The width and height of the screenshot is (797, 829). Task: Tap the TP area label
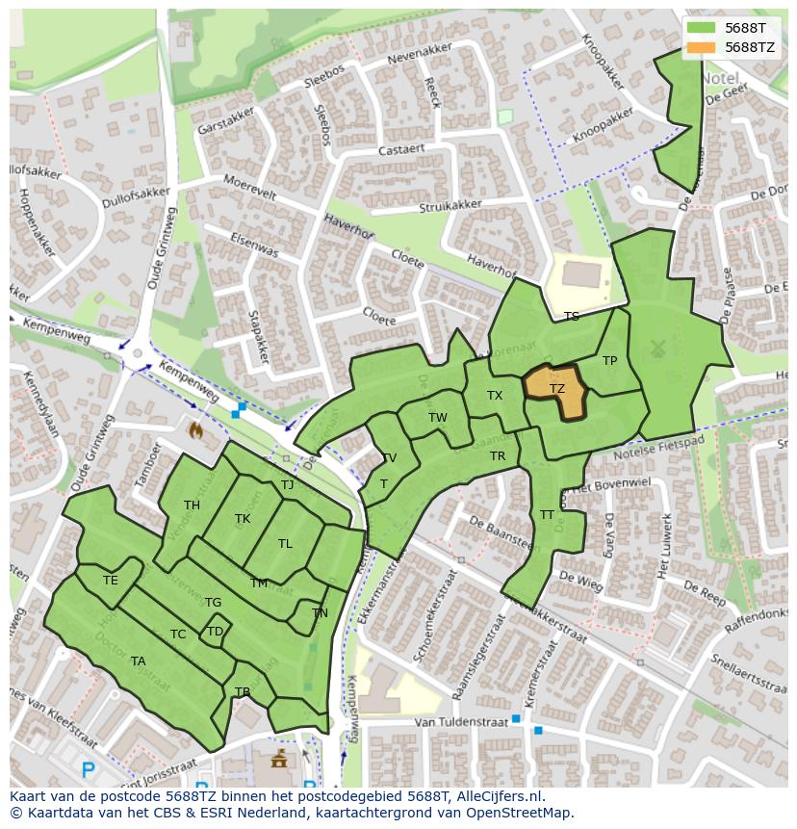[609, 361]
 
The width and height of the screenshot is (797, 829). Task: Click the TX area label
[495, 396]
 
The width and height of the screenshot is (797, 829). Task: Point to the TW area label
[438, 418]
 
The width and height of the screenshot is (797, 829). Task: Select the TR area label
[498, 456]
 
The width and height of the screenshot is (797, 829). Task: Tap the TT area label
[547, 515]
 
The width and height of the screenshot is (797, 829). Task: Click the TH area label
[192, 505]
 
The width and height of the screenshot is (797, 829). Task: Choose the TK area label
[243, 519]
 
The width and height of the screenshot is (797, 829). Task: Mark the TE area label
[111, 581]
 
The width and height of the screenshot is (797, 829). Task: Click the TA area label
[138, 661]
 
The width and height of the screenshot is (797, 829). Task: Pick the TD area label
[215, 632]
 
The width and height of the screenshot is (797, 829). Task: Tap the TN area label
[320, 613]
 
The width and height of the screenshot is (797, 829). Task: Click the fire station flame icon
[197, 429]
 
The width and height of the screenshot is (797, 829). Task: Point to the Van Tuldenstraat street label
[453, 722]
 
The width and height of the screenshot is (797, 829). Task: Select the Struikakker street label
[450, 206]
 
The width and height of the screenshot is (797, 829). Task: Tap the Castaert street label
[400, 150]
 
